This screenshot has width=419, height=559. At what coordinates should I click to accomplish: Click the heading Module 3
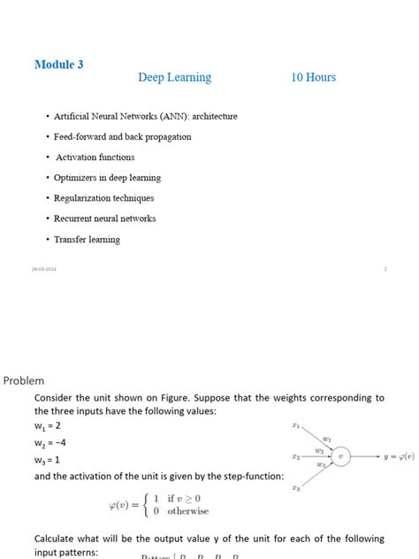click(58, 65)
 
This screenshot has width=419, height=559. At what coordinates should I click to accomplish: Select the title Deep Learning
click(174, 78)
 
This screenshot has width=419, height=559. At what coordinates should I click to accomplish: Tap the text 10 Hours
click(313, 78)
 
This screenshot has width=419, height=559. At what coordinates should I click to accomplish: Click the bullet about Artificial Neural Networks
click(145, 116)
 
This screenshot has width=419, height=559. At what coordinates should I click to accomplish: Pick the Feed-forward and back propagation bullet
click(122, 137)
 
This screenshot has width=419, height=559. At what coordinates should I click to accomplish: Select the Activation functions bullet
click(95, 157)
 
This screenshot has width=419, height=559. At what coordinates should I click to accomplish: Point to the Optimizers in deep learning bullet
click(107, 178)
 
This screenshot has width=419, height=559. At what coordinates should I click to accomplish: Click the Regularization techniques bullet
click(103, 198)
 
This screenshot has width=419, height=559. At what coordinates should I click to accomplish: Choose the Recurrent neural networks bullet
click(104, 218)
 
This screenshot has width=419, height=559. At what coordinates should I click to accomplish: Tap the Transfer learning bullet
click(87, 240)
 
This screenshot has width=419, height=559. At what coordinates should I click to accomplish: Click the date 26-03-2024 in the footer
click(44, 269)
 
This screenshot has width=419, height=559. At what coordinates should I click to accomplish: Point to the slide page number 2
click(385, 269)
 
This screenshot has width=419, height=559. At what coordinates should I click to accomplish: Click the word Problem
click(24, 380)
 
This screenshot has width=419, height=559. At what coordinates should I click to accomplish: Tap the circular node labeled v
click(340, 456)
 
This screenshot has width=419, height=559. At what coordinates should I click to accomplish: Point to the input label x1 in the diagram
click(296, 425)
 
